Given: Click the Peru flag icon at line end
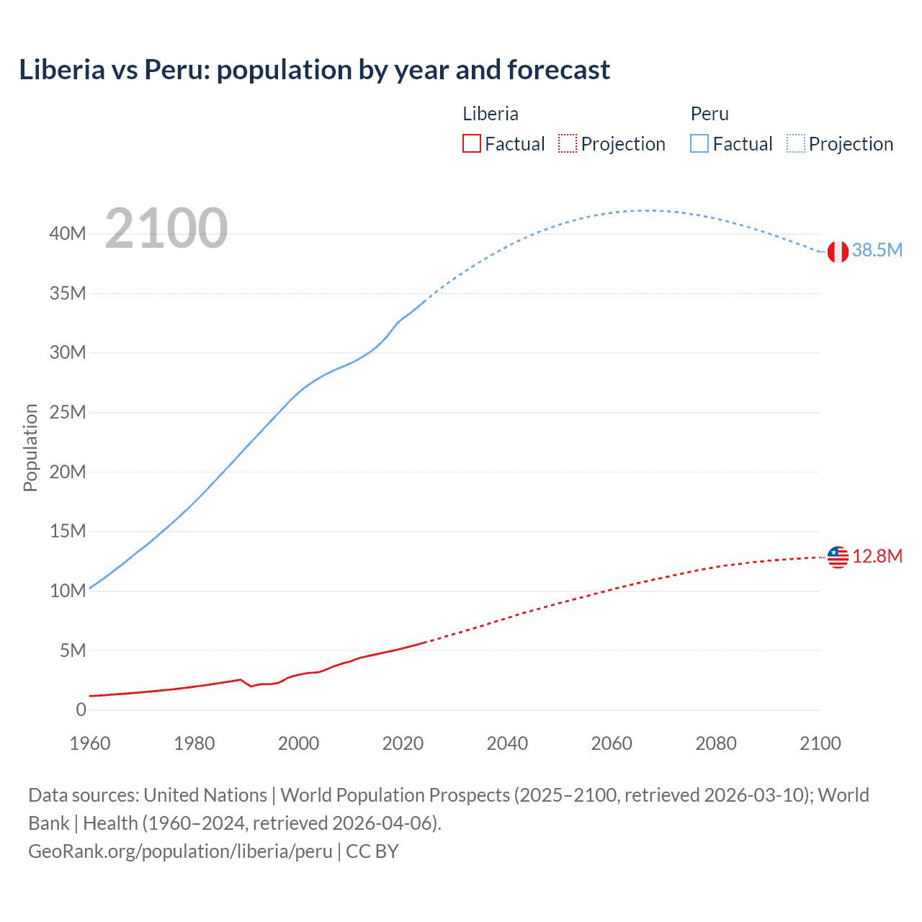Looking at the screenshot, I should (x=838, y=251).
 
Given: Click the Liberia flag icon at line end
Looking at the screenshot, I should (x=838, y=557).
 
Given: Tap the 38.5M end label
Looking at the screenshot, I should (x=877, y=250).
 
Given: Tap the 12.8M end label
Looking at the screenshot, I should (x=877, y=556).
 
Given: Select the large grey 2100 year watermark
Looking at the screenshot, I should (x=166, y=228).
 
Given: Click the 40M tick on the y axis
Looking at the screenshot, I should (x=68, y=233).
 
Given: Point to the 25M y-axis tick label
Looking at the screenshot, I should (x=68, y=412).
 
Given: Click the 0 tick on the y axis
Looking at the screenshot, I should (x=81, y=710).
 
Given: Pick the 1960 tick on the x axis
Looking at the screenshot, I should (x=90, y=743).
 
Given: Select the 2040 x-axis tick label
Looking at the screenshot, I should (x=507, y=743).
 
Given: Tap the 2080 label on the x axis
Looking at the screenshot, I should (x=716, y=743).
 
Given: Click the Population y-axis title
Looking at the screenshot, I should (x=30, y=447).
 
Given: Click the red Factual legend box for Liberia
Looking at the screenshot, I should (x=472, y=143).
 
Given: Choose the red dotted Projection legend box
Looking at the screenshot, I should (x=568, y=143).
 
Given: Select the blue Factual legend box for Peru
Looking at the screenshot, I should (x=699, y=143).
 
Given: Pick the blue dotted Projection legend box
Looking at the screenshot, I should (x=795, y=143).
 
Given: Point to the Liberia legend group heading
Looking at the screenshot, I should (x=490, y=114).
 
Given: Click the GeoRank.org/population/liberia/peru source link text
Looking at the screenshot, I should (x=180, y=851).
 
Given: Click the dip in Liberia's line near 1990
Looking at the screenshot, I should (x=251, y=686).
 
